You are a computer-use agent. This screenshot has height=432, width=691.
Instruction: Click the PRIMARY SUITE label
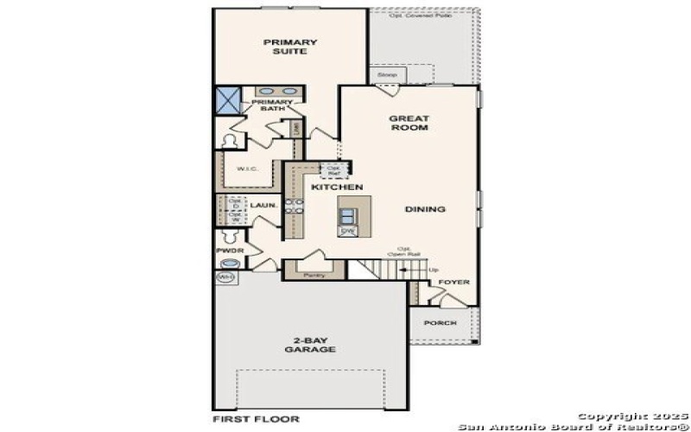click(x=290, y=46)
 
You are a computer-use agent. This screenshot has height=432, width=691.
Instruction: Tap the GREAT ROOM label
click(x=409, y=123)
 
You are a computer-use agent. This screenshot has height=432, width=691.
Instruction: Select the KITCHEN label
click(x=337, y=187)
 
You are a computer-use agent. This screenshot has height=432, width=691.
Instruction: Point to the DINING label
click(x=425, y=209)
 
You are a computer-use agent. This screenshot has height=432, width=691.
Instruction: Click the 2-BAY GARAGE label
click(x=310, y=345)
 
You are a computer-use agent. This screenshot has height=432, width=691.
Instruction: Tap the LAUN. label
click(x=263, y=206)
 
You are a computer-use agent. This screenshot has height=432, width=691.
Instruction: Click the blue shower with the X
click(x=228, y=99)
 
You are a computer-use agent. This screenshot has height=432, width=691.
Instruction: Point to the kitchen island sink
click(x=347, y=215)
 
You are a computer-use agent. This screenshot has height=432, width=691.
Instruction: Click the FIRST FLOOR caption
click(x=256, y=419)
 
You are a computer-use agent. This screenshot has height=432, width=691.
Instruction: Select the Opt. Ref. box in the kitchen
click(x=331, y=169)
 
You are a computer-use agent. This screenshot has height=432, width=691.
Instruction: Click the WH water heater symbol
click(x=225, y=277)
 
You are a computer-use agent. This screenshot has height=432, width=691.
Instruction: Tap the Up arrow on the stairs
click(x=432, y=270)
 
